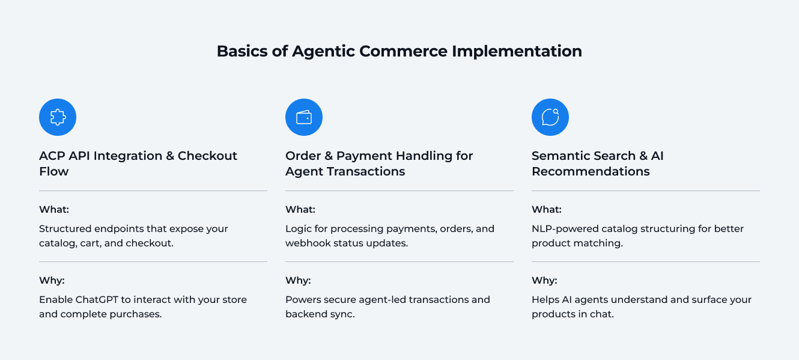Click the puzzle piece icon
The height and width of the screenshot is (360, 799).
58,117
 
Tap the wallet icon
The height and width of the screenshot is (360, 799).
304,117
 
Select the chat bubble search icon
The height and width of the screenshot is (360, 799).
550,117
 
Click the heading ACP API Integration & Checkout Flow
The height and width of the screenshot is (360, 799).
138,163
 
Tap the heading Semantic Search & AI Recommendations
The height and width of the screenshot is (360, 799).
598,163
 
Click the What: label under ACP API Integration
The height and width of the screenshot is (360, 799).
54,210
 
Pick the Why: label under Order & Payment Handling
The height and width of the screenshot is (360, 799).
298,281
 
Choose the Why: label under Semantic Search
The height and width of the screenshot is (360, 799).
544,281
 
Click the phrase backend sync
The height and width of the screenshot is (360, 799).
320,314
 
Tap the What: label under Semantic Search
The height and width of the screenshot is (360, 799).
547,210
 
